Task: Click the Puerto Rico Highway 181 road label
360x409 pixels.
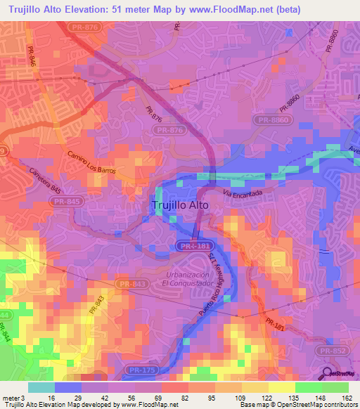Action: click(x=219, y=290)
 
